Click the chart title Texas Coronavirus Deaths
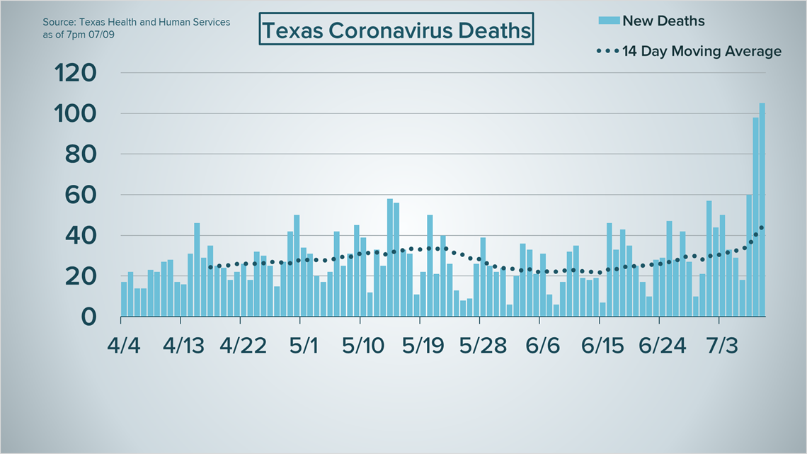pos(396,30)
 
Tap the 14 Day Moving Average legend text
pos(702,51)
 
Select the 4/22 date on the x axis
pos(244,346)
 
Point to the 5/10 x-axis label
pos(364,346)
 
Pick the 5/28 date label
pos(483,346)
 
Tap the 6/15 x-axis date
pos(603,346)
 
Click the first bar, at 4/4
pos(124,299)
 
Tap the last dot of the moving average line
pos(762,227)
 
